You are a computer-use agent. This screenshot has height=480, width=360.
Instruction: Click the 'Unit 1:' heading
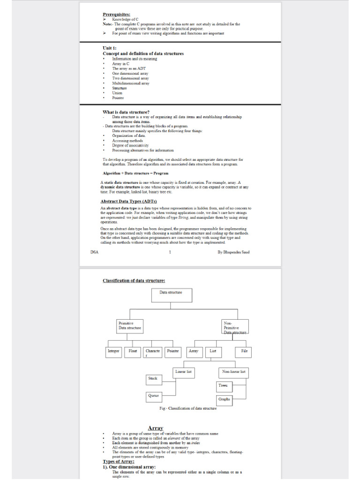tap(110, 48)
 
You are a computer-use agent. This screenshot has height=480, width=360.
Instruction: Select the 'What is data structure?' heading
tap(126, 112)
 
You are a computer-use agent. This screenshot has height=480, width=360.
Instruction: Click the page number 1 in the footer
tap(170, 252)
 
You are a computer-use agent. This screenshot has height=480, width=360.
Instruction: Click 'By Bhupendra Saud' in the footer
tap(233, 252)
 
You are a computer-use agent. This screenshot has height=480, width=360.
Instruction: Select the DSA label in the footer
tap(94, 252)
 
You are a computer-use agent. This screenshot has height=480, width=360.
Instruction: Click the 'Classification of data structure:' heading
tap(134, 281)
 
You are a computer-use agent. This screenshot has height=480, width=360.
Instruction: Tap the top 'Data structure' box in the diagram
tap(171, 295)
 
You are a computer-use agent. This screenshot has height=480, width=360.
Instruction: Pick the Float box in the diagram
tap(133, 351)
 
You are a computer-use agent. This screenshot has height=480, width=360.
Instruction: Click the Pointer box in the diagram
tap(173, 351)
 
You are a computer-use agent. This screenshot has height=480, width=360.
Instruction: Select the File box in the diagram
tap(244, 351)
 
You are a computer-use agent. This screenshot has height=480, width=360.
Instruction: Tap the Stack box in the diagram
tap(153, 379)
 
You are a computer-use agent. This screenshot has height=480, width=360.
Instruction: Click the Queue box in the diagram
tap(154, 396)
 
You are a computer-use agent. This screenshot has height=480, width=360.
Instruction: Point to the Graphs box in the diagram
tap(224, 399)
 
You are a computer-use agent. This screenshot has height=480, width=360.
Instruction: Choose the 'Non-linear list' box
tap(233, 372)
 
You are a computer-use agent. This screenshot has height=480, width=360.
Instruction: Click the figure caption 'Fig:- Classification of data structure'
tap(188, 409)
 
